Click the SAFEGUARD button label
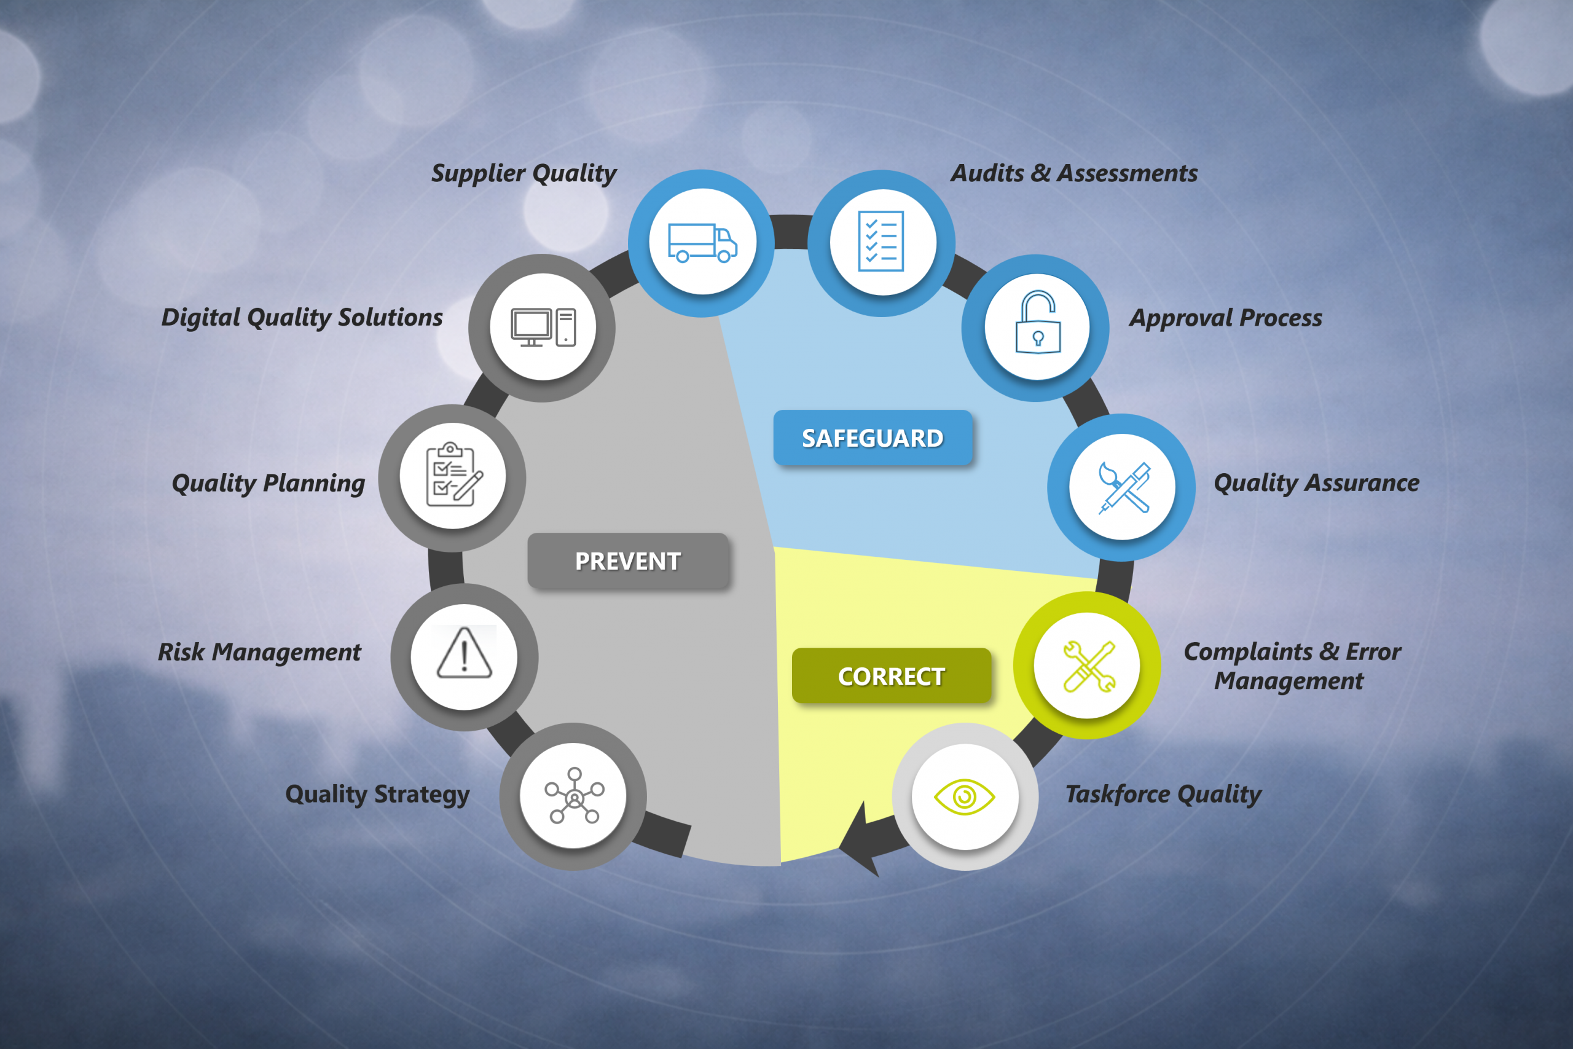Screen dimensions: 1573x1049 tap(873, 438)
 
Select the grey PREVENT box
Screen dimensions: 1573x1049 tap(628, 560)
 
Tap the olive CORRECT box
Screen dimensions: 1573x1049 tap(892, 676)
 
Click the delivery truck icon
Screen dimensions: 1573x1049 tap(702, 242)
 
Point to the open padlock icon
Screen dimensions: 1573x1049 tap(1037, 322)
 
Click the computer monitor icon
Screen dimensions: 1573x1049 tap(543, 327)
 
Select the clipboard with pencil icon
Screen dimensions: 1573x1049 tap(453, 474)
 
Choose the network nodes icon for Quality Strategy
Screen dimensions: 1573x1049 tap(574, 795)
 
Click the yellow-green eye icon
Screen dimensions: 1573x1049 tap(965, 797)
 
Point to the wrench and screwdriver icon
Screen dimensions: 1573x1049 tap(1089, 666)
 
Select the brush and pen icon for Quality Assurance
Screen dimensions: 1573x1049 tap(1124, 488)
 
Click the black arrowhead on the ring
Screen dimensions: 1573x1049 tap(860, 842)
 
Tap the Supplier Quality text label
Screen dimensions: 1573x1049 tap(524, 174)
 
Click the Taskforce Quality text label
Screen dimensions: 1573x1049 tap(1163, 795)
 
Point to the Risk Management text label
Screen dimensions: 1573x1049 tap(259, 652)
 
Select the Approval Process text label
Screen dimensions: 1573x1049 tap(1226, 318)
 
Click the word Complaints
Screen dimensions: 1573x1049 tap(1248, 652)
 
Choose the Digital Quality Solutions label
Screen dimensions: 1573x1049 tap(302, 318)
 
